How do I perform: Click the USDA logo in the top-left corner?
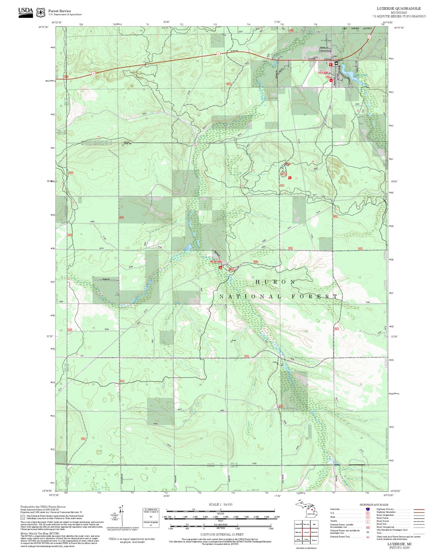(x=26, y=12)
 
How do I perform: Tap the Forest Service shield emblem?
(x=41, y=12)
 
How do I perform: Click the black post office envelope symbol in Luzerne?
(x=336, y=64)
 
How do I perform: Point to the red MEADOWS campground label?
(x=216, y=262)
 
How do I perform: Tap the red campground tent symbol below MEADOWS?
(x=220, y=268)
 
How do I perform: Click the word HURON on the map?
(x=275, y=282)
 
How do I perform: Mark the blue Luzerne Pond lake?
(x=350, y=76)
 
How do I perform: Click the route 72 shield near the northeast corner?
(x=369, y=37)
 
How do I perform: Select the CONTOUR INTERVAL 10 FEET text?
(x=222, y=535)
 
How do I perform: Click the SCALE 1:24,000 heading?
(x=221, y=505)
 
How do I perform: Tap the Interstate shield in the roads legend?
(x=367, y=509)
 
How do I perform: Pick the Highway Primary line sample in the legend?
(x=419, y=510)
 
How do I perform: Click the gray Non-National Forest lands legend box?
(x=23, y=518)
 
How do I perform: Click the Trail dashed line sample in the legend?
(x=419, y=534)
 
